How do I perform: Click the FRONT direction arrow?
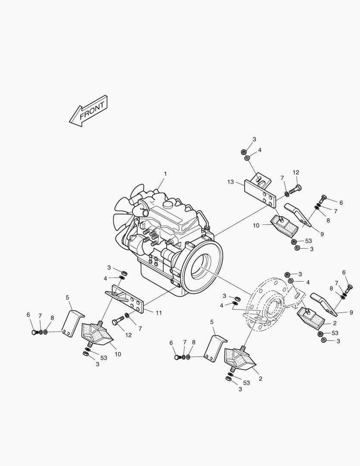click(x=88, y=111)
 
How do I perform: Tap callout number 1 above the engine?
click(x=165, y=174)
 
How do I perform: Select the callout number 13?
click(x=231, y=182)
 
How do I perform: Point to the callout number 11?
click(x=159, y=313)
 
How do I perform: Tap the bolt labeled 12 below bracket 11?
click(x=118, y=321)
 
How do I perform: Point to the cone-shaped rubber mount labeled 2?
click(x=240, y=358)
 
